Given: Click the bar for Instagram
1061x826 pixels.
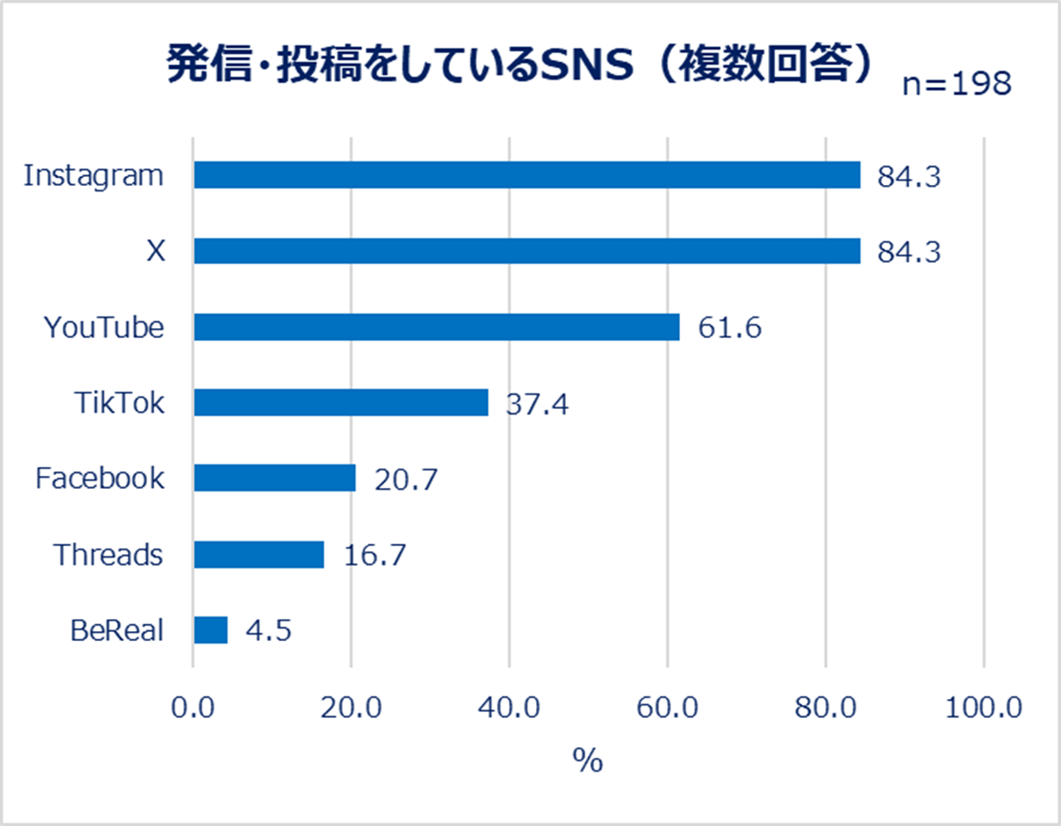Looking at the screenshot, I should [x=527, y=175].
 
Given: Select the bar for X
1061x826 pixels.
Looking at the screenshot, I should [x=527, y=251].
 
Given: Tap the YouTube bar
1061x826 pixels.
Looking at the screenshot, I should [x=436, y=327].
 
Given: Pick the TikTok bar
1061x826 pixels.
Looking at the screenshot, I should [x=341, y=403].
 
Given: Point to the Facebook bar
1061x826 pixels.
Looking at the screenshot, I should [x=275, y=478].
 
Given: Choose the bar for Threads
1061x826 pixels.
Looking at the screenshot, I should [x=258, y=554].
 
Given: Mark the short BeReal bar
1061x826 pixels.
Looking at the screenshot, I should [x=210, y=630].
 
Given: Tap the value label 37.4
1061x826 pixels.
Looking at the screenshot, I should [x=537, y=403].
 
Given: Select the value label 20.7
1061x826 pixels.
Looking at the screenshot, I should [x=405, y=479].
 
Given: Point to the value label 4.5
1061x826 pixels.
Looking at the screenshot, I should [x=268, y=630].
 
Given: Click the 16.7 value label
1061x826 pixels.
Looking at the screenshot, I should [x=374, y=555].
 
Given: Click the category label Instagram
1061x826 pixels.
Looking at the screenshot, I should [x=93, y=175].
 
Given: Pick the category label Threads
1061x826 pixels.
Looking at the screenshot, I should [x=108, y=554].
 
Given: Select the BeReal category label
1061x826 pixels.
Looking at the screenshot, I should [x=117, y=630].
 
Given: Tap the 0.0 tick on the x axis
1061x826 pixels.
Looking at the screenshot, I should [x=193, y=707].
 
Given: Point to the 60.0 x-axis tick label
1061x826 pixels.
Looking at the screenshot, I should [x=667, y=707].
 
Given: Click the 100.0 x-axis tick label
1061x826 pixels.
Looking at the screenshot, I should [x=983, y=707].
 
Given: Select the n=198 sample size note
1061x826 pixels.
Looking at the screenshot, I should [x=956, y=83].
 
